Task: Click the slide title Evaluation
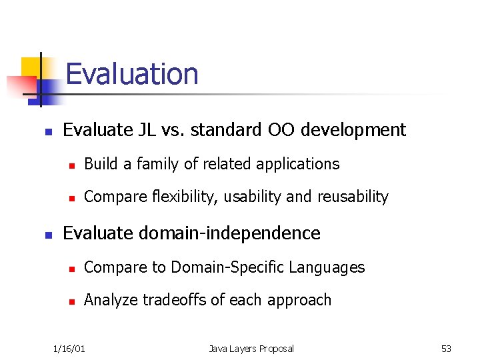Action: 132,73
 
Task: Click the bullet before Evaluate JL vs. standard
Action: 48,131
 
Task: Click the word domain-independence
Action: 231,233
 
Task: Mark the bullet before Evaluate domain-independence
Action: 48,234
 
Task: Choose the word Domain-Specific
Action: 227,267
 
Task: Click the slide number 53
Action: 446,348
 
